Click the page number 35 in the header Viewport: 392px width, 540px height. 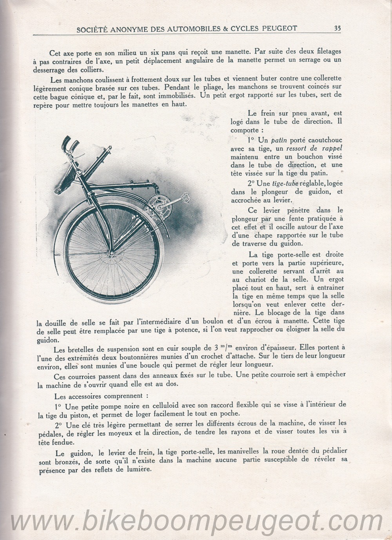(337, 28)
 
